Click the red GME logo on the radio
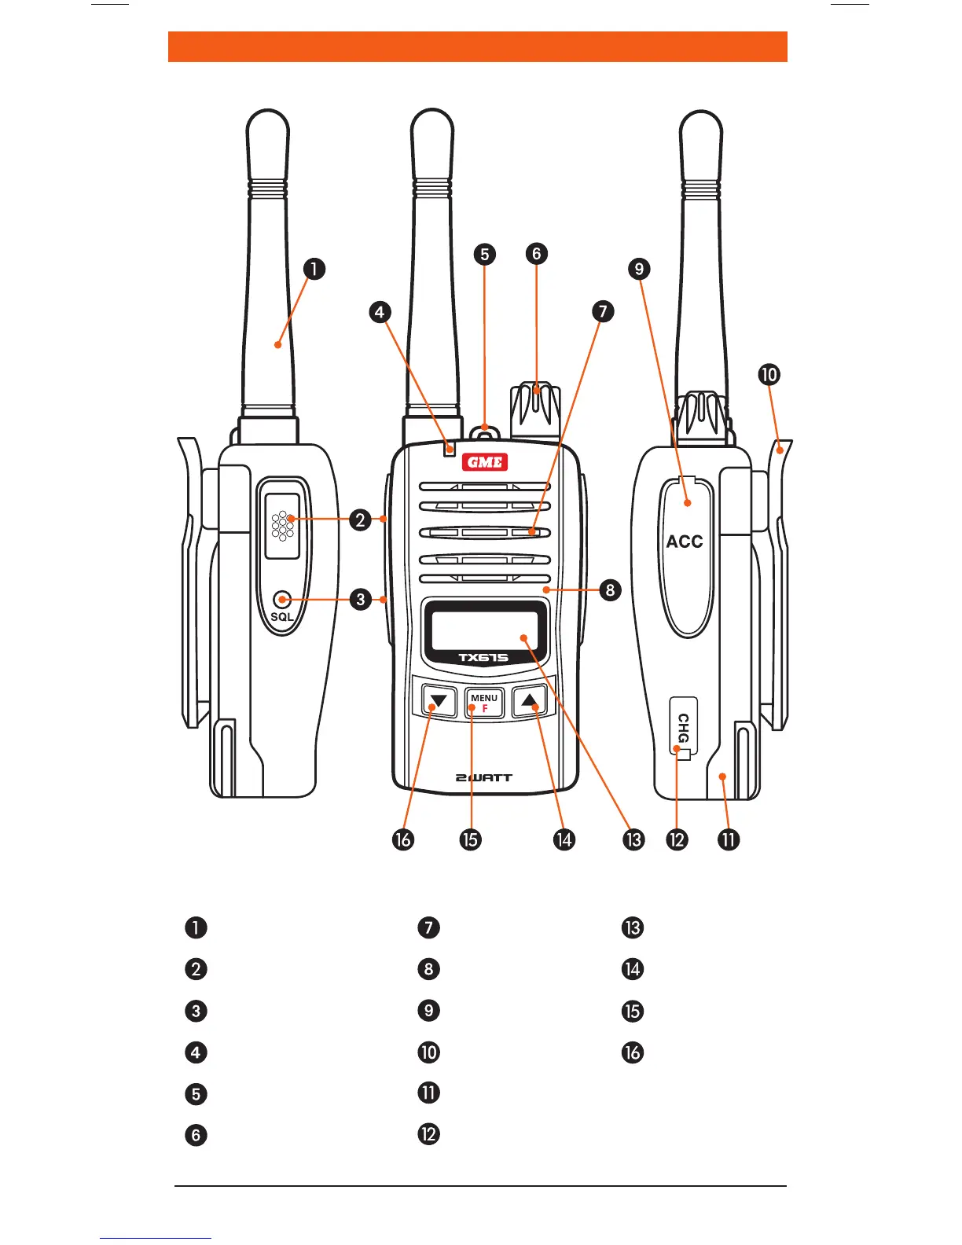[485, 462]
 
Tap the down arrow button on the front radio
[439, 700]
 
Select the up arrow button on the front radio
[531, 700]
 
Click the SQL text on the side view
[281, 617]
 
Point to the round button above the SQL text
[281, 600]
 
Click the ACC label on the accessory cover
[685, 542]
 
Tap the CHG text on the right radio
[683, 727]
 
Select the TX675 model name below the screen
[483, 658]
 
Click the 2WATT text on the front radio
[484, 777]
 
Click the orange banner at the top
[477, 46]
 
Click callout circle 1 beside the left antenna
[314, 269]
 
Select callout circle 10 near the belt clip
[769, 374]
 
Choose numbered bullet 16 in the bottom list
[633, 1052]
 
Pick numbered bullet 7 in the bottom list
[428, 927]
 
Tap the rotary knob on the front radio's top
[536, 409]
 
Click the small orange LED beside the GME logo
[450, 449]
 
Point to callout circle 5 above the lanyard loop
[485, 254]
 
